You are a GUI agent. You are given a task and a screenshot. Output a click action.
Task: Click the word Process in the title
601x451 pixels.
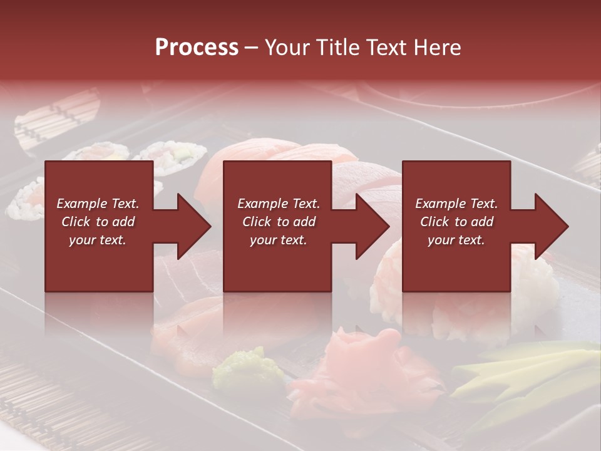click(197, 48)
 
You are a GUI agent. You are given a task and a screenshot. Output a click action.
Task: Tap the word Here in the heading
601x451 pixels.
click(438, 48)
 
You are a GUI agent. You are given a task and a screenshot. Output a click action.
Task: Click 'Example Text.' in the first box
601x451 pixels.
click(98, 204)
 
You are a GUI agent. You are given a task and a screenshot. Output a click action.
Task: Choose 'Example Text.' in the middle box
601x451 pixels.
click(278, 204)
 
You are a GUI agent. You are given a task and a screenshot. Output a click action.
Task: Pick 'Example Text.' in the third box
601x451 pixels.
click(456, 204)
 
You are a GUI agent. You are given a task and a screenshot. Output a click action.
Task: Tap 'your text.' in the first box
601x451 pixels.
click(98, 240)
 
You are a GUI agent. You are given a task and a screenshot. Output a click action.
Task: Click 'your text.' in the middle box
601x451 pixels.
click(278, 240)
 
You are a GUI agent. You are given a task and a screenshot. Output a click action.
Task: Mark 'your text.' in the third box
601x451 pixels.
click(456, 240)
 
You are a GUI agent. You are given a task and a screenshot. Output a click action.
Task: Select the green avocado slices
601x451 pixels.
click(526, 376)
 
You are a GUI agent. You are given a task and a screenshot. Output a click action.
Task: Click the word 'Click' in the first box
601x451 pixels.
click(76, 222)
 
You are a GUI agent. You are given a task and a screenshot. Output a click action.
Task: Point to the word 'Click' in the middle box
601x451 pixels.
click(257, 222)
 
